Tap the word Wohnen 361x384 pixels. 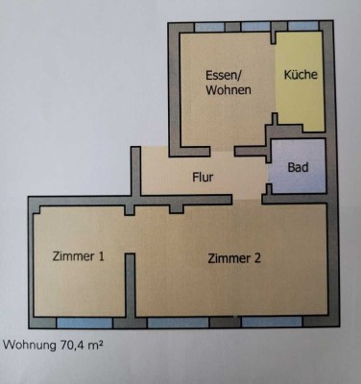(x=229, y=90)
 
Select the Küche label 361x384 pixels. (x=301, y=74)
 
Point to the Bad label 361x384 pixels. (x=298, y=166)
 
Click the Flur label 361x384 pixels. (x=201, y=177)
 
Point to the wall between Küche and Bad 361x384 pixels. (x=300, y=134)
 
